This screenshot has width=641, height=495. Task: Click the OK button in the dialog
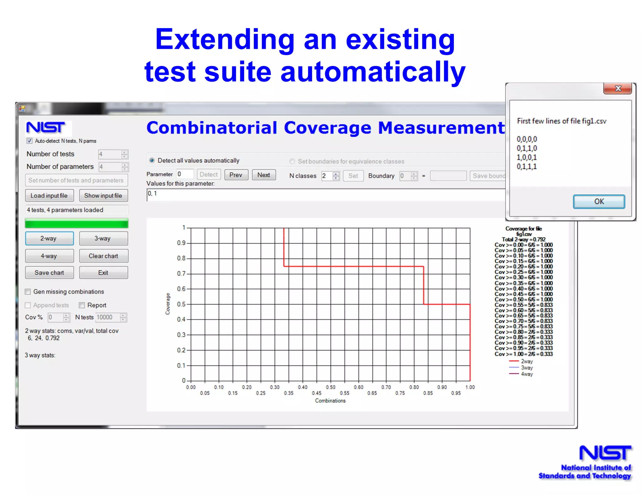[599, 202]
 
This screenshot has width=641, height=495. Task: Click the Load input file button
[49, 196]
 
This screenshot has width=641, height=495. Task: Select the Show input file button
[103, 196]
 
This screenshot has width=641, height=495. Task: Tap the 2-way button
[49, 238]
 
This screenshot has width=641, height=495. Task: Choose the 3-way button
[103, 238]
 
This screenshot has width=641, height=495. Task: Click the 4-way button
[49, 256]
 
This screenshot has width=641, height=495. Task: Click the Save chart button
[49, 273]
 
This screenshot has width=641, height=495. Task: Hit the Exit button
[103, 273]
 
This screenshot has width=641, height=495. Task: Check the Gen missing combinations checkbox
[28, 292]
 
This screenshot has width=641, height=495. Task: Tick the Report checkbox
[82, 305]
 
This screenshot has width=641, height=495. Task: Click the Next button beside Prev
[264, 175]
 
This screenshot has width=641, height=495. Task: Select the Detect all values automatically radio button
[152, 161]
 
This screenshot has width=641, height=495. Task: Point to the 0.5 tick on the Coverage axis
[181, 304]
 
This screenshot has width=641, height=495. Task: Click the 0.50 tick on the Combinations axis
[331, 387]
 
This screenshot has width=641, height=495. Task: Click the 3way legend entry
[527, 368]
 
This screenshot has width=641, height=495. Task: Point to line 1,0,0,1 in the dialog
[527, 157]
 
